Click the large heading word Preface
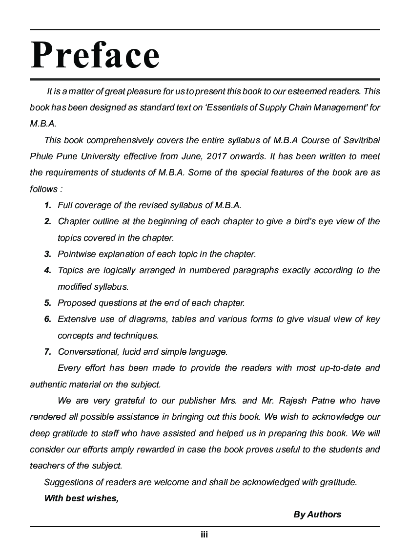click(x=95, y=55)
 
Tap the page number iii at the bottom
click(x=205, y=535)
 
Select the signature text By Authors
click(x=317, y=514)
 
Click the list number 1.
click(x=48, y=205)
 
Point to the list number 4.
click(x=48, y=270)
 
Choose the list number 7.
click(x=48, y=352)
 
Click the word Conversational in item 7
click(x=86, y=352)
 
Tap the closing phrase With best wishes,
click(x=82, y=498)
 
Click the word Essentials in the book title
click(x=227, y=107)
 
